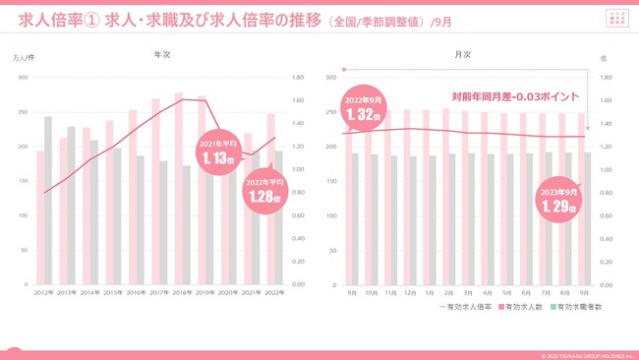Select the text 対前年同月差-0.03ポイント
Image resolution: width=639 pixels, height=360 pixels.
click(514, 96)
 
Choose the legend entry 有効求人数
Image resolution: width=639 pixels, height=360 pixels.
click(520, 308)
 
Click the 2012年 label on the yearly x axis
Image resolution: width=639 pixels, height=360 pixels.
click(44, 292)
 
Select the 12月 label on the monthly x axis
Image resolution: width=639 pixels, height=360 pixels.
click(409, 292)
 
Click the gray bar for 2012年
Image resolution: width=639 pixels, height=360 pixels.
click(48, 201)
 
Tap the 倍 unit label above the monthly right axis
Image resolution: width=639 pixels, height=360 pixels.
click(604, 58)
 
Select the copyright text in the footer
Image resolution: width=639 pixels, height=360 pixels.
click(585, 355)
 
